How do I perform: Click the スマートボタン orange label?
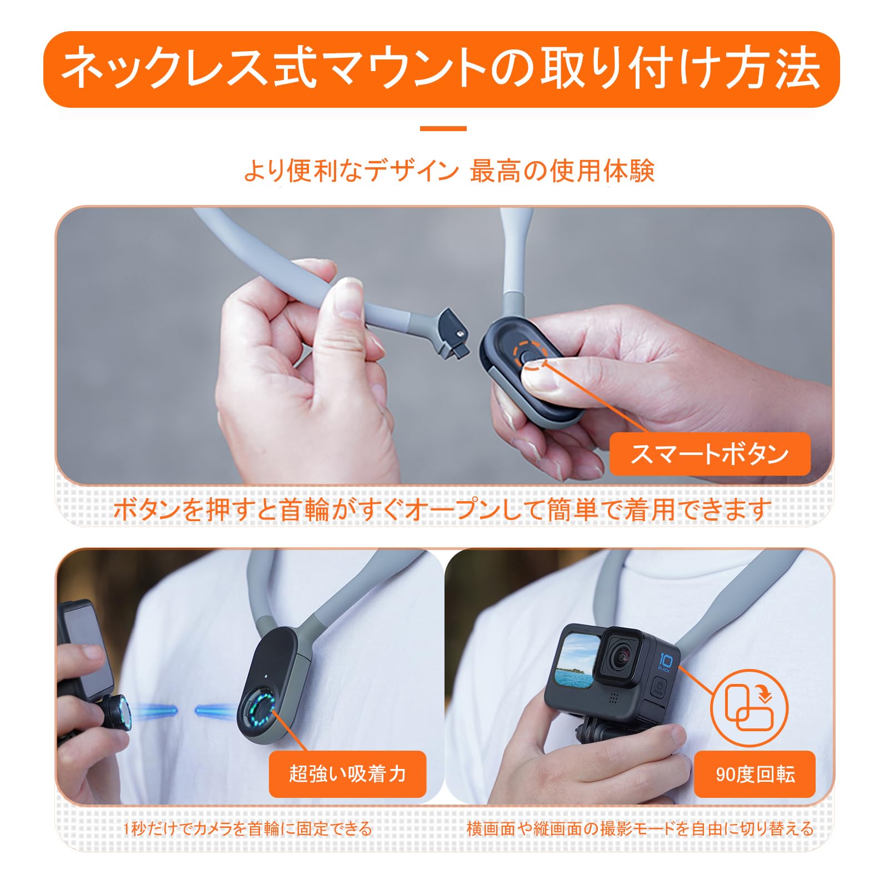pos(710,454)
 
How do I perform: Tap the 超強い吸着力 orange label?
pos(347,774)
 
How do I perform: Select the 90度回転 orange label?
pos(755,774)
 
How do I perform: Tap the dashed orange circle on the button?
pos(530,356)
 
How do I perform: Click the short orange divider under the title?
pos(443,128)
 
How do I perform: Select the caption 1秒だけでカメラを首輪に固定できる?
pos(247,828)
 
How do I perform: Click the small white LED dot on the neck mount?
pos(267,677)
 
